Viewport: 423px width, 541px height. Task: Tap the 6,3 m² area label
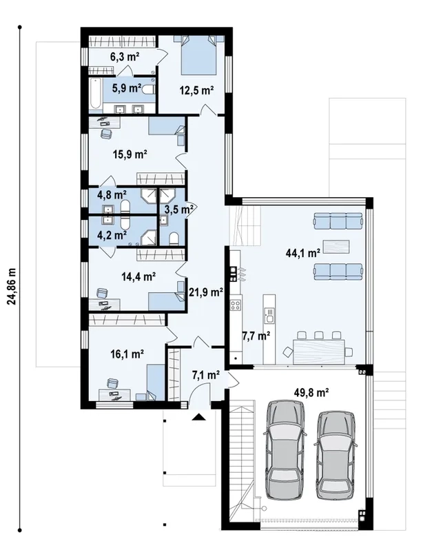point(125,57)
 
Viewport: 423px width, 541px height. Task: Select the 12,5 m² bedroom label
point(196,91)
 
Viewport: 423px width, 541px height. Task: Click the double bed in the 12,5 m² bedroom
point(198,55)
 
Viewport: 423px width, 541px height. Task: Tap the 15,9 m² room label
point(130,154)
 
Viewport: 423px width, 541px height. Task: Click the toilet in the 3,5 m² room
point(174,238)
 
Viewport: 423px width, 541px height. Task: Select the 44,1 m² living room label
point(303,253)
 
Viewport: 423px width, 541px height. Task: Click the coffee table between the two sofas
point(336,246)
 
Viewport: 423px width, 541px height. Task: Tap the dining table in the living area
point(319,351)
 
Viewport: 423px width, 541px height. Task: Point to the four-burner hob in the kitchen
point(236,305)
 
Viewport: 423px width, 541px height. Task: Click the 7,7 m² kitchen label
point(256,336)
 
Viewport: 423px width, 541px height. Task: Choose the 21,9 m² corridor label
point(206,293)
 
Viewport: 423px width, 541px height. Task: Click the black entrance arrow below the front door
point(198,417)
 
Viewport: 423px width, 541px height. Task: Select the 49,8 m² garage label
point(311,392)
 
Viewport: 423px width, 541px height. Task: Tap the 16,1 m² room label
point(127,354)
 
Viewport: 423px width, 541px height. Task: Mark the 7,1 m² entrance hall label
point(206,375)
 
